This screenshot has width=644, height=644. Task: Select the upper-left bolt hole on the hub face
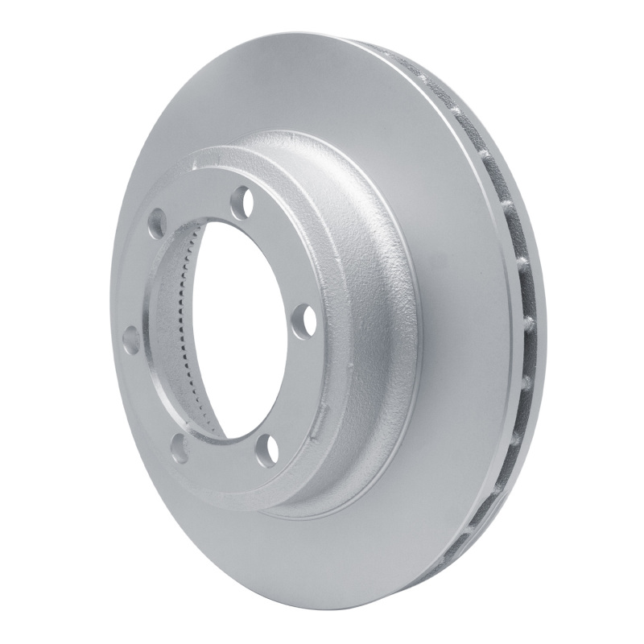pyautogui.click(x=159, y=219)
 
